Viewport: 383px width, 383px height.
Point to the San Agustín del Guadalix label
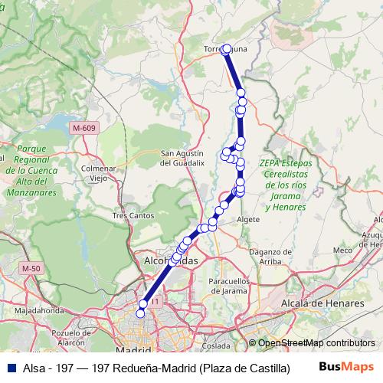tap(182, 158)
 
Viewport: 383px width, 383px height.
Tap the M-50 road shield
tap(31, 268)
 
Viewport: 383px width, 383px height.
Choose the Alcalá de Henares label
tap(322, 303)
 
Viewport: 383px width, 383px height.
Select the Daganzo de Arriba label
tap(272, 257)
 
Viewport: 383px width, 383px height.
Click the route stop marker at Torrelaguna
tap(226, 50)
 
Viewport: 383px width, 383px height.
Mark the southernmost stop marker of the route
tap(140, 313)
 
